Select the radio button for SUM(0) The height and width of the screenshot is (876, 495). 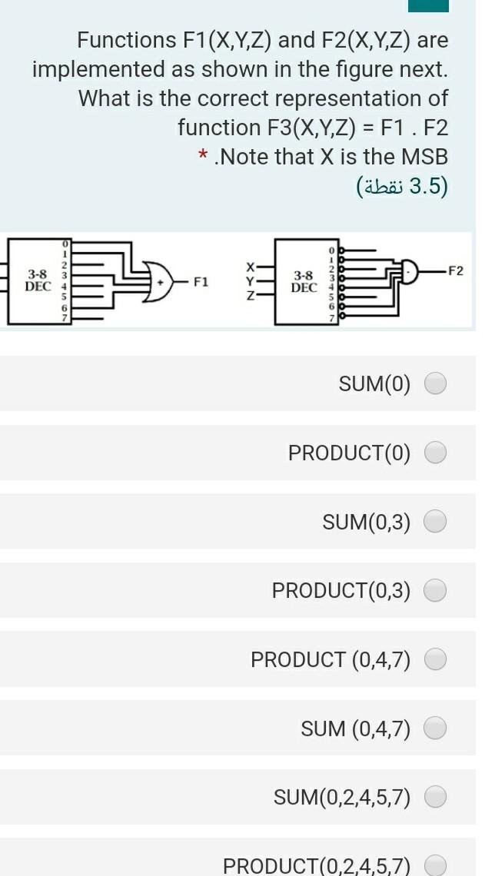[x=436, y=383]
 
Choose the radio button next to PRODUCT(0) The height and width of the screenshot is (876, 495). [x=436, y=453]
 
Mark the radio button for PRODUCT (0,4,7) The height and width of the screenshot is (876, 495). [x=436, y=659]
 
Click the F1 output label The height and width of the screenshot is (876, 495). [x=201, y=282]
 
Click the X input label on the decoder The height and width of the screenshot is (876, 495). [x=249, y=265]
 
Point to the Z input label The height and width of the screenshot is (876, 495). [x=249, y=295]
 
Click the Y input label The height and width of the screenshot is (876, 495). [x=249, y=280]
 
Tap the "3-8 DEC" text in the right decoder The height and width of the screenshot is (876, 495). [x=304, y=281]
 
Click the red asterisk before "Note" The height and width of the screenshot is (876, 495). [x=203, y=157]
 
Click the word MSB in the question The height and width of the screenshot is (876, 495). [x=422, y=157]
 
